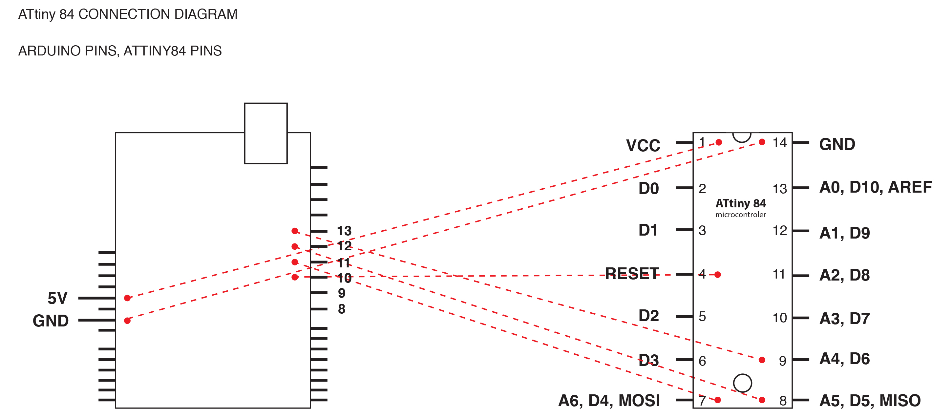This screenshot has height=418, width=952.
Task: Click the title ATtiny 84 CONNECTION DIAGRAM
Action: [128, 14]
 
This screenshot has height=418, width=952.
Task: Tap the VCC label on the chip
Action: [643, 145]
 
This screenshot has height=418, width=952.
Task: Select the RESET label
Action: [632, 274]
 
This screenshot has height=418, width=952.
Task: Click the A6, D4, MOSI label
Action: [609, 401]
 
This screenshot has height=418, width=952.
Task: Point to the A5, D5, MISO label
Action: [870, 401]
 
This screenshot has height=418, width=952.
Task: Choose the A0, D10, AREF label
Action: [876, 187]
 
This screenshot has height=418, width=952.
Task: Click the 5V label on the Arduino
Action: [58, 298]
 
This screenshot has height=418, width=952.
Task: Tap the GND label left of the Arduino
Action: [51, 321]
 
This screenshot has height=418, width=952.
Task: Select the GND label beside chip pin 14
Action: [837, 144]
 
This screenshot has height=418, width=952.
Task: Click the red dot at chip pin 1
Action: [719, 142]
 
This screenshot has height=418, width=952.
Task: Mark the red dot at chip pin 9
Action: [762, 360]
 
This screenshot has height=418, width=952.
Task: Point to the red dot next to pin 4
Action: [718, 275]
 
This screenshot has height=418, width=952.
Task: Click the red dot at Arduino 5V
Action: [127, 298]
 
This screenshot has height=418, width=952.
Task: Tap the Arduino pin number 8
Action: [342, 309]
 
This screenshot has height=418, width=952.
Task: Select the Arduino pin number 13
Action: [344, 231]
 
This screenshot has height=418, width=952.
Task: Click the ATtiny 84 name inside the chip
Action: [741, 203]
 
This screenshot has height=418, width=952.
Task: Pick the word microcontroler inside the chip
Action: [741, 215]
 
